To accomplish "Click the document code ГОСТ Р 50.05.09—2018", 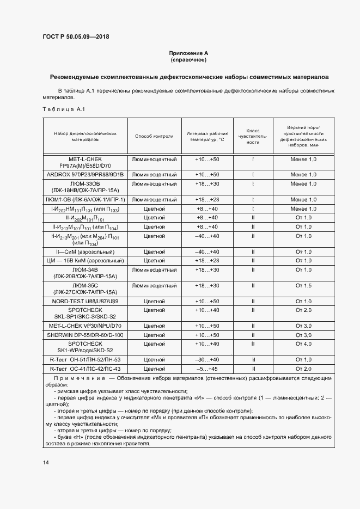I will pos(79,37).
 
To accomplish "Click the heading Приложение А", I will pos(188,53).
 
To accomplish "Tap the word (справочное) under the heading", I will pos(188,59).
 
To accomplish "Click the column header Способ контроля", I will pos(154,136).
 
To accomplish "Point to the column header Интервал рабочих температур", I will pos(206,136).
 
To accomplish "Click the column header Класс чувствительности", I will pos(253,136).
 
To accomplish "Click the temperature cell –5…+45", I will pos(206,368).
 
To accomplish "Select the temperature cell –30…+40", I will pos(206,359).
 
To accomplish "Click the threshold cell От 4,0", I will pos(303,344).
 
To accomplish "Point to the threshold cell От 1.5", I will pos(303,285).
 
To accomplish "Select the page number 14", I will pos(46,462).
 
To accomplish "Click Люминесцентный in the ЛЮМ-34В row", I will pos(154,269).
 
